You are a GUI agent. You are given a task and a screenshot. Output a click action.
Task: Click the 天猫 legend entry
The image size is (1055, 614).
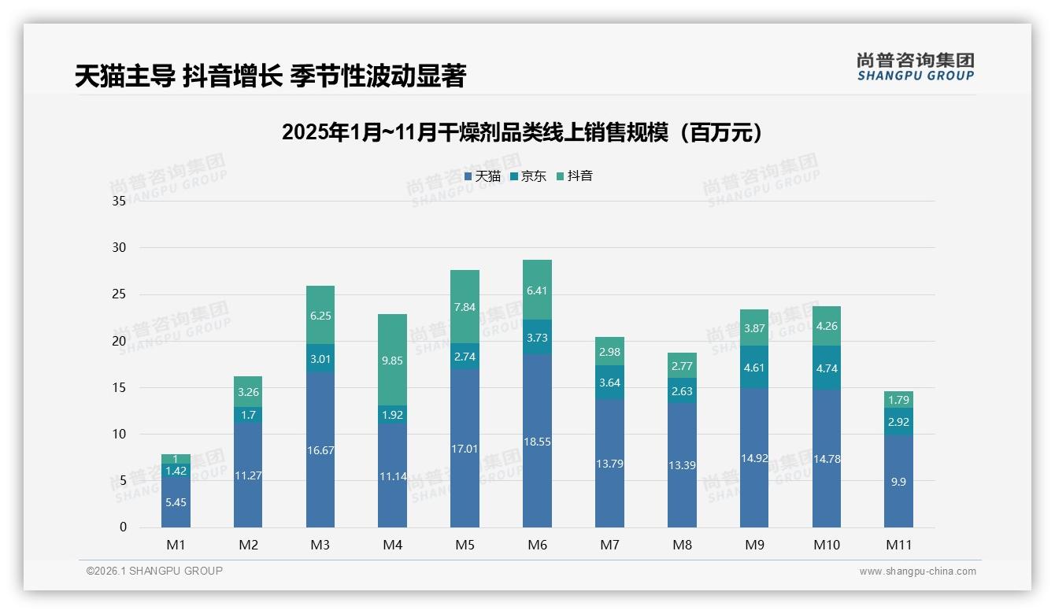click(x=483, y=176)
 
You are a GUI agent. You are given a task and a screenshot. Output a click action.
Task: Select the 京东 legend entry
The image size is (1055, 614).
click(x=528, y=176)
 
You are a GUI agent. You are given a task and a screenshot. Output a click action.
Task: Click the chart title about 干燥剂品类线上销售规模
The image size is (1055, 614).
click(x=523, y=132)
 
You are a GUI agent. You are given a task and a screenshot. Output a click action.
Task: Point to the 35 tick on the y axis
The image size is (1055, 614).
click(x=119, y=202)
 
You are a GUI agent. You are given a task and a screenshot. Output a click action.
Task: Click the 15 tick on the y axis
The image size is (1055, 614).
click(x=119, y=387)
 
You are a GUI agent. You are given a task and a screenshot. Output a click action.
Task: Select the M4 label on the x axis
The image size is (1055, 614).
click(x=392, y=545)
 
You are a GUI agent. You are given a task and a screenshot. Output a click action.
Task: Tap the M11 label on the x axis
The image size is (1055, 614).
click(x=898, y=545)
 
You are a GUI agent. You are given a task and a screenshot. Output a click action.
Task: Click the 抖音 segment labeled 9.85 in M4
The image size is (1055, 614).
click(x=392, y=360)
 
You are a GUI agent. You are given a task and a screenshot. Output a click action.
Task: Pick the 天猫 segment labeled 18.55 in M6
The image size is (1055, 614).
click(x=537, y=441)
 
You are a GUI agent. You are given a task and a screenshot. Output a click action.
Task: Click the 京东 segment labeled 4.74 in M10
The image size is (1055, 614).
click(x=826, y=368)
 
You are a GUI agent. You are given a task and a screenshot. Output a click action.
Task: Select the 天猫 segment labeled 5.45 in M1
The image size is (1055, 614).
click(x=176, y=501)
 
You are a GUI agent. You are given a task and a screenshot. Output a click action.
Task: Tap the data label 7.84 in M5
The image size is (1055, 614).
click(x=465, y=307)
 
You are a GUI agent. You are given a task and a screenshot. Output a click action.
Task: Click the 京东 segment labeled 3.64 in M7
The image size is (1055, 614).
click(x=609, y=383)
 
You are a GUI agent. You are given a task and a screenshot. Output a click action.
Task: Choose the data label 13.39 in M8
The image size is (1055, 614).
click(x=682, y=465)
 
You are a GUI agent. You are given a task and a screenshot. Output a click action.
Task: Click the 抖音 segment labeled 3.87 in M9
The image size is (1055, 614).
click(x=754, y=328)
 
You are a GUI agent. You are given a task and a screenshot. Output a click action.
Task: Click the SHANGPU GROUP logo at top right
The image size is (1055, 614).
click(x=915, y=67)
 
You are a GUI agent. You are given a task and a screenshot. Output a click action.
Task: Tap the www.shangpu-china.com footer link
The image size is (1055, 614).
click(x=917, y=571)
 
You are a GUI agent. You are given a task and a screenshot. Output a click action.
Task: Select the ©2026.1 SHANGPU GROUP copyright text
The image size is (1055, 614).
click(x=154, y=571)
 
